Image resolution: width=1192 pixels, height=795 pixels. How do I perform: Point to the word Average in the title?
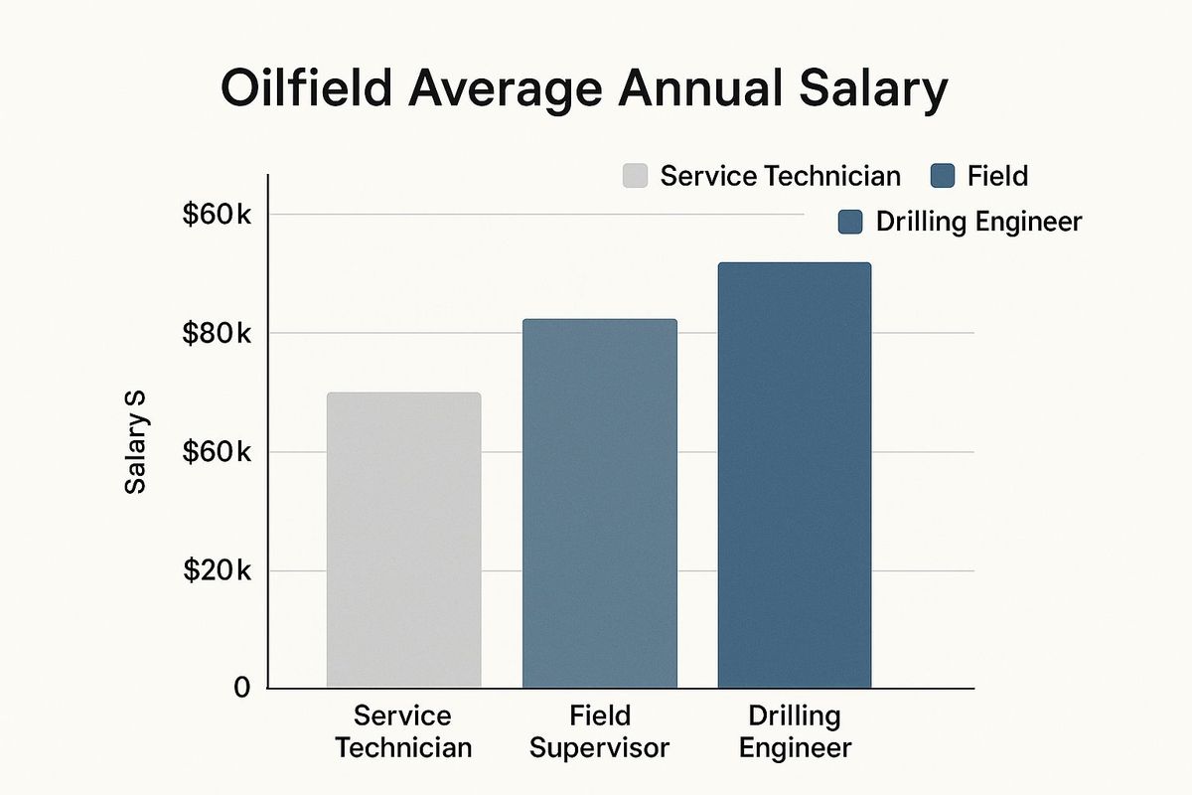pos(517,90)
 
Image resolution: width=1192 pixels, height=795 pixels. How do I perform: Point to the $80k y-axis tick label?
pos(217,333)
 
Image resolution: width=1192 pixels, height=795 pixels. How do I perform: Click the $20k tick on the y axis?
pos(217,571)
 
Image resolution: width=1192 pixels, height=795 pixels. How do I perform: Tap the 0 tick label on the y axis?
pos(241,688)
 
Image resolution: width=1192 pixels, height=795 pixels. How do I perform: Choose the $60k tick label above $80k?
pos(217,215)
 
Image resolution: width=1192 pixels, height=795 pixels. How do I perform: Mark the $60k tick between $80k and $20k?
pos(217,452)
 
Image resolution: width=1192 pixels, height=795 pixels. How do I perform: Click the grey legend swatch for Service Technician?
pos(635,177)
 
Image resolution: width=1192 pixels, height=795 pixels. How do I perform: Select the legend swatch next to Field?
pos(943,177)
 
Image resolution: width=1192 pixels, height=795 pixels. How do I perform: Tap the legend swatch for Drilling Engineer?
pos(850,222)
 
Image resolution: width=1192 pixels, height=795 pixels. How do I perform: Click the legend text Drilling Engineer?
pos(977,222)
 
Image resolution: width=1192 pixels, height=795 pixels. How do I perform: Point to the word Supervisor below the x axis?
pos(599,747)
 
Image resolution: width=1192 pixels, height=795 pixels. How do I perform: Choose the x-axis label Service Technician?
pos(403,731)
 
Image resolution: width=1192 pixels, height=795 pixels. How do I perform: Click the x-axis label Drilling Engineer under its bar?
pos(795,731)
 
